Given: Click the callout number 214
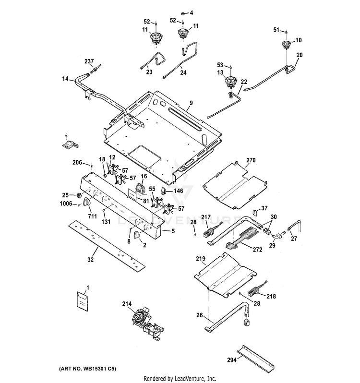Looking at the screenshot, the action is click(127, 304).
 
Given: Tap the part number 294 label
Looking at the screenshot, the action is click(232, 360).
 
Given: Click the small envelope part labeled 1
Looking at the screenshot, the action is click(82, 301).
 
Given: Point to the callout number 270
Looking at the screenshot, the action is click(251, 160).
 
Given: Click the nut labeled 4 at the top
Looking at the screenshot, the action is click(183, 13).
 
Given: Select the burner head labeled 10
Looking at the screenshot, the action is click(286, 45).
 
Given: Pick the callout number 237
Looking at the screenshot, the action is click(89, 61).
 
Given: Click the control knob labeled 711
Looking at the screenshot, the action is click(86, 202).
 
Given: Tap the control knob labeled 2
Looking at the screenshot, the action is click(136, 235).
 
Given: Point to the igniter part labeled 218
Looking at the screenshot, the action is click(253, 292).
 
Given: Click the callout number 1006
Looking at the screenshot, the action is click(66, 203).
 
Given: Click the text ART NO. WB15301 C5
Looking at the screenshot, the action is click(87, 368).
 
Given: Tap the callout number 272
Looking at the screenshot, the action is click(257, 250).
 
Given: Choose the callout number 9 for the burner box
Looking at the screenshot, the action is click(191, 103).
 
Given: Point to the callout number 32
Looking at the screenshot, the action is click(90, 259).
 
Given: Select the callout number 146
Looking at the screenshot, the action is click(178, 191).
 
